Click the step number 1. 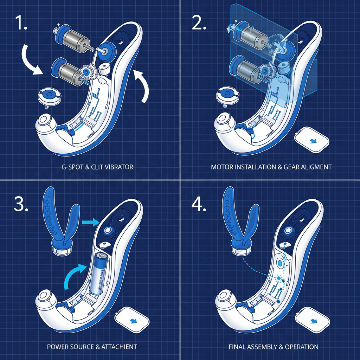[21, 24]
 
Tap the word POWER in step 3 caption [58, 347]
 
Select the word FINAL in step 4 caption [237, 347]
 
